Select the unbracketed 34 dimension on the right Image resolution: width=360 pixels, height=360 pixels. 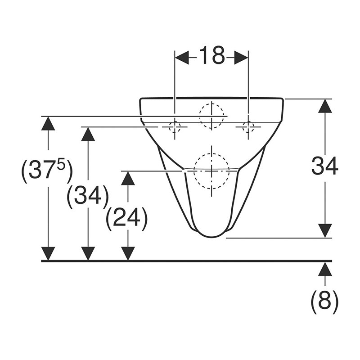click(324, 165)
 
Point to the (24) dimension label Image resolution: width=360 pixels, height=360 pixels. click(127, 217)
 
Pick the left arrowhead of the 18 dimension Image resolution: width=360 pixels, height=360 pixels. click(182, 58)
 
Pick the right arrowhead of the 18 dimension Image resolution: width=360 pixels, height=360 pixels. click(241, 58)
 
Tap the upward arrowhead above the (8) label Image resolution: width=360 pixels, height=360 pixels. click(325, 269)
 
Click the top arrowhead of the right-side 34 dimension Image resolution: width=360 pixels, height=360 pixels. click(325, 106)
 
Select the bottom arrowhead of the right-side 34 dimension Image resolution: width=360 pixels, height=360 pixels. click(325, 231)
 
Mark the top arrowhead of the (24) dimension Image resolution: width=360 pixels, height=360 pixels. click(128, 178)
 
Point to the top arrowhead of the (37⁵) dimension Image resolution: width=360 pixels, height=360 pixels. click(48, 123)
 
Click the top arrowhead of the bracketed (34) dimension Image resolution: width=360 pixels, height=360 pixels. click(88, 134)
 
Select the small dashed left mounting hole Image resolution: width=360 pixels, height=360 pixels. click(175, 127)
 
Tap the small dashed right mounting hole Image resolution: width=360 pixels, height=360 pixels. click(248, 127)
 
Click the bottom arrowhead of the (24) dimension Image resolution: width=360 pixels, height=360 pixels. click(128, 254)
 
